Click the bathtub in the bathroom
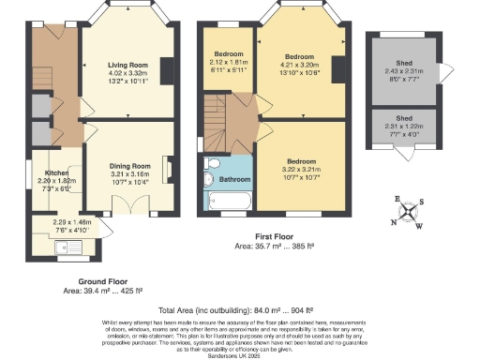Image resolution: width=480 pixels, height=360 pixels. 229,200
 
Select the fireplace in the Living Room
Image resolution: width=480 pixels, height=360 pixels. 168,71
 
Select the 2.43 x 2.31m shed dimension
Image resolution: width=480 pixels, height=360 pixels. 404,73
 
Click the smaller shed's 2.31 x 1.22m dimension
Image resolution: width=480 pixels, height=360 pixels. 404,127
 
